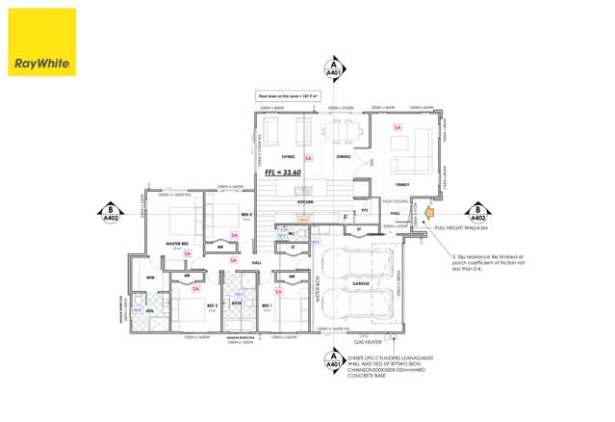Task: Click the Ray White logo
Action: pyautogui.click(x=41, y=42)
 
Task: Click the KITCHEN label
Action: pyautogui.click(x=305, y=202)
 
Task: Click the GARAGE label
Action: pyautogui.click(x=361, y=283)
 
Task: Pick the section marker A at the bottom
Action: pyautogui.click(x=333, y=361)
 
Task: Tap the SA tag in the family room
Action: pyautogui.click(x=397, y=127)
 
